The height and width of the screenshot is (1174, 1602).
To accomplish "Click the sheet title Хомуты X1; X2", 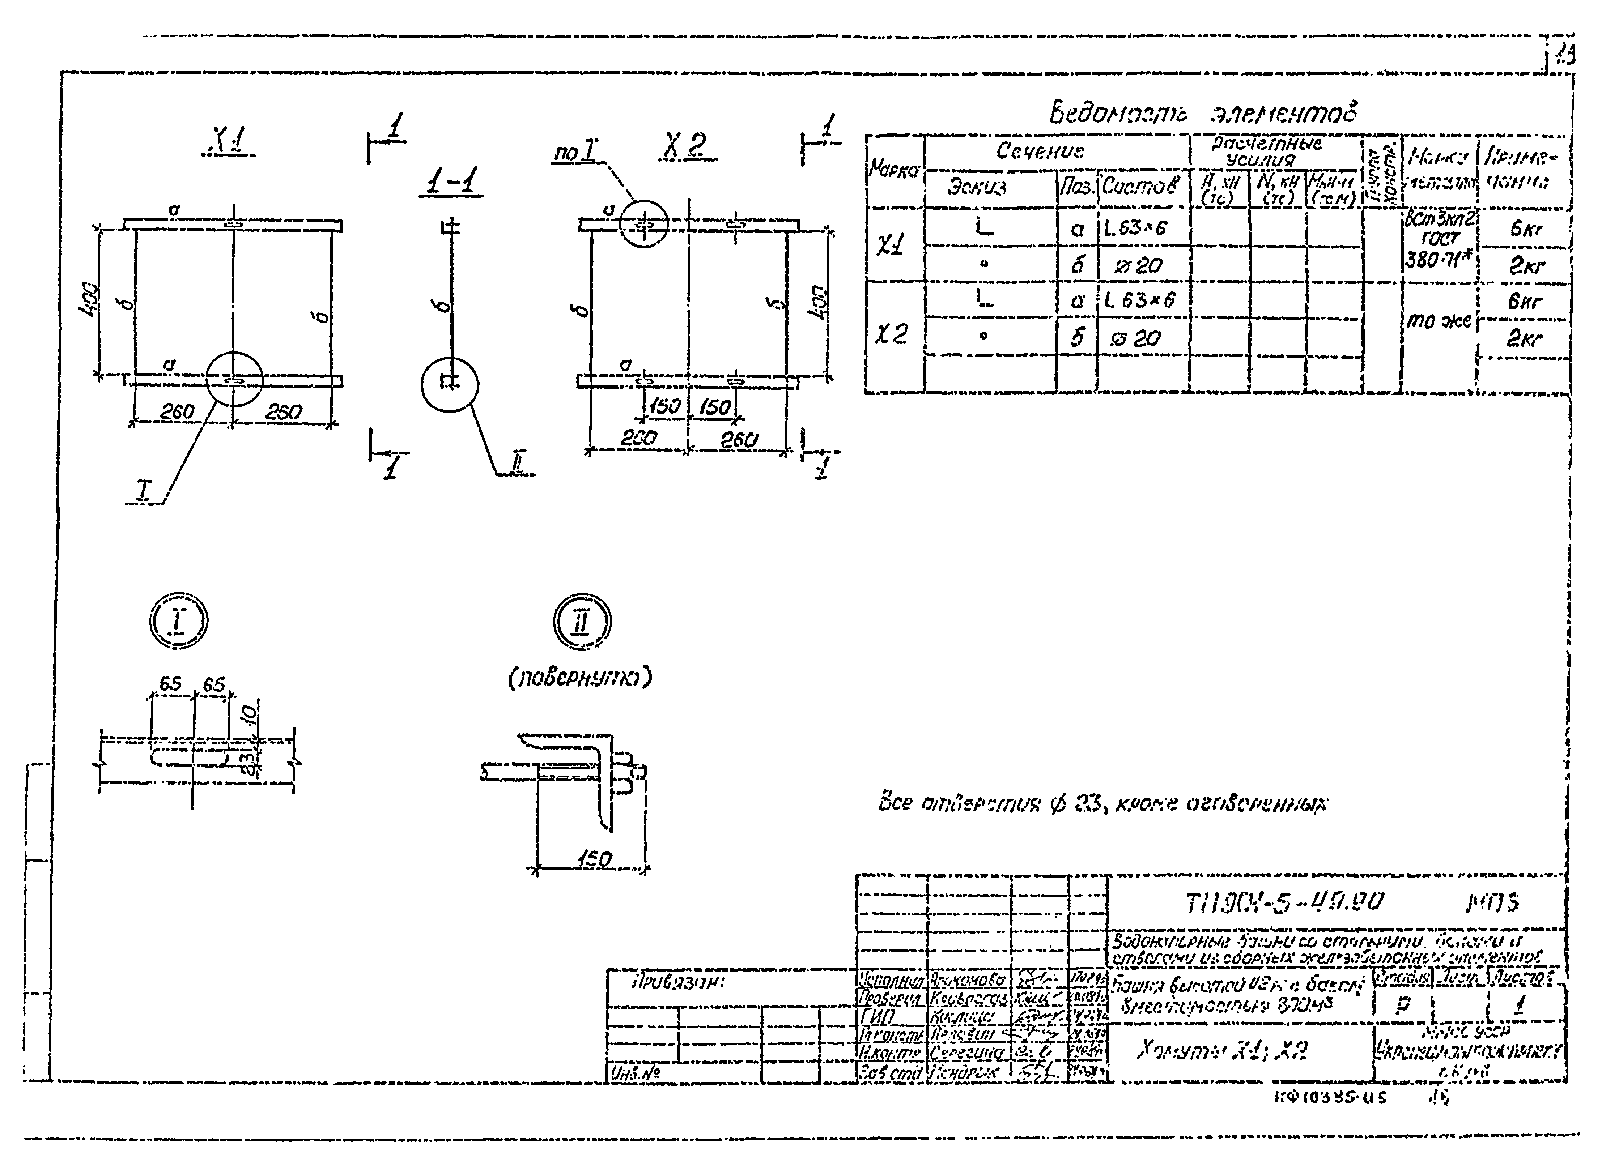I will (x=1223, y=1050).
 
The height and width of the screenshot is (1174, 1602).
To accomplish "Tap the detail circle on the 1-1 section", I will (x=450, y=384).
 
